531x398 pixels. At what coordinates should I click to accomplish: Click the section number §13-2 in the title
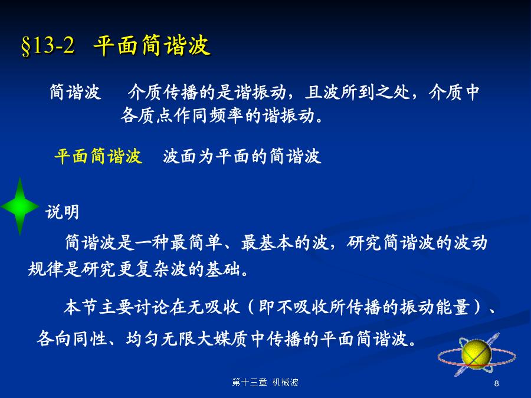(48, 45)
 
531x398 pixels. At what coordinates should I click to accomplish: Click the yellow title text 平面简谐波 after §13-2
(152, 45)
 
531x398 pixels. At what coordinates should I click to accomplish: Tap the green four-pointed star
(19, 206)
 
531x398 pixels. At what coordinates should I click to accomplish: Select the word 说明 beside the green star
(63, 212)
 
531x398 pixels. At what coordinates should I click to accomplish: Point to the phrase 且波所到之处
(357, 92)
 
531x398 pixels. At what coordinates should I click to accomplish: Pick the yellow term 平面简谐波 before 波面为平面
(98, 156)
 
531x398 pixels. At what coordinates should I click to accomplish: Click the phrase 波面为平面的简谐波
(242, 156)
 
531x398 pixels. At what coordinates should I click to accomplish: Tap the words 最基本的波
(284, 243)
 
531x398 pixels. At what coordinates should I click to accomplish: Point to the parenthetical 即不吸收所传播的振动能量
(364, 307)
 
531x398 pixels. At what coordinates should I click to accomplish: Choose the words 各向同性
(72, 338)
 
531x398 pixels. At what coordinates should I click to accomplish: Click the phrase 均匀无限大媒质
(188, 338)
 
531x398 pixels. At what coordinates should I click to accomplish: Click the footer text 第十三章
(250, 383)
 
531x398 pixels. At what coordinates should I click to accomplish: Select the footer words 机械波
(286, 383)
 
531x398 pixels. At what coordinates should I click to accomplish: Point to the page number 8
(496, 383)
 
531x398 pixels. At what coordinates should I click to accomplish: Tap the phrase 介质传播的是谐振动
(207, 92)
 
